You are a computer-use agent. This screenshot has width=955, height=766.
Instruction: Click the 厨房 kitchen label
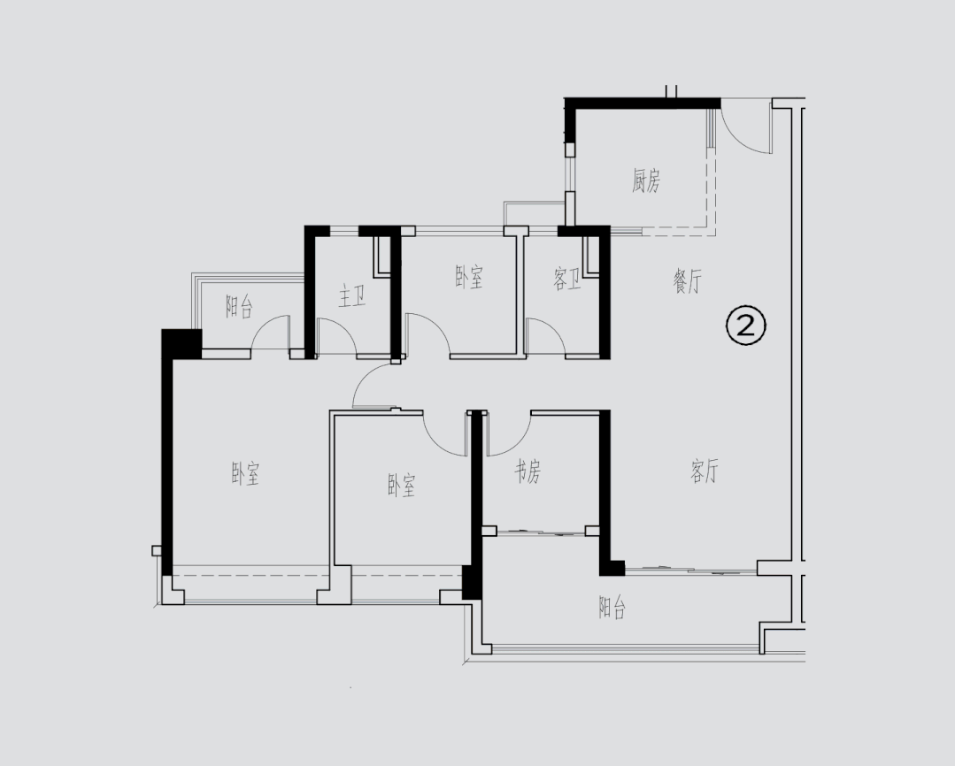[646, 182]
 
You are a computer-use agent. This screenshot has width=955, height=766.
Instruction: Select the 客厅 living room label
[705, 472]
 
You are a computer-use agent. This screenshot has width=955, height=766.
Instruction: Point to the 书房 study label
[528, 473]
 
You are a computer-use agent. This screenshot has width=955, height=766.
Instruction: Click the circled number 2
[745, 326]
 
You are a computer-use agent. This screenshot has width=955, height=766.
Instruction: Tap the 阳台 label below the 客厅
[612, 609]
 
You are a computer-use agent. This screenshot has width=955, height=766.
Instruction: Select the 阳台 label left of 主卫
[239, 308]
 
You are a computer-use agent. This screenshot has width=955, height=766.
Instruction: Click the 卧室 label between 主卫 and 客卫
[469, 279]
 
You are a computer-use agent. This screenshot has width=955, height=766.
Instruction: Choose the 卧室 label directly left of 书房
[401, 486]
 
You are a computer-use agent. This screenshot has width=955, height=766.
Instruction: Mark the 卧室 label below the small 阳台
[245, 475]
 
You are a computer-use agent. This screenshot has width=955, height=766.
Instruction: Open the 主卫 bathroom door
[336, 336]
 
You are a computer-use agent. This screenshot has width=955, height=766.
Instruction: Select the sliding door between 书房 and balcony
[540, 532]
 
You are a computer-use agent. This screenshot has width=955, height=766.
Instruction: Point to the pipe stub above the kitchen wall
[671, 90]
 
